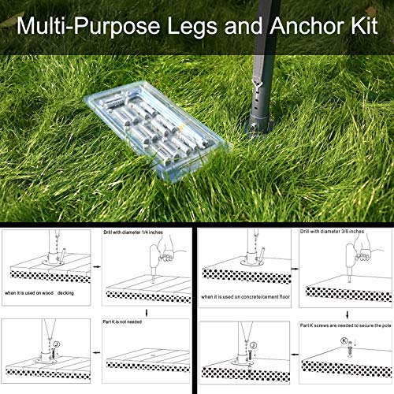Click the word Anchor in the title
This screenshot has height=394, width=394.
(x=307, y=26)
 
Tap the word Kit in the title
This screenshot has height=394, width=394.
(x=364, y=26)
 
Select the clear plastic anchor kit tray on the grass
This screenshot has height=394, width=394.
(x=157, y=129)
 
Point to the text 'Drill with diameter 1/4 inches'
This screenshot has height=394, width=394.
(x=133, y=232)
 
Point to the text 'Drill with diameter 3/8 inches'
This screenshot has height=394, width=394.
(x=332, y=232)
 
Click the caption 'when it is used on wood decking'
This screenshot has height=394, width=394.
(x=39, y=293)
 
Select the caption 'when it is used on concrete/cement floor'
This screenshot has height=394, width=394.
(x=245, y=297)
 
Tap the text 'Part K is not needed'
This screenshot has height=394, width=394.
(x=122, y=322)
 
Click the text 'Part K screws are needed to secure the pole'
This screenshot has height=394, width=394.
(x=346, y=325)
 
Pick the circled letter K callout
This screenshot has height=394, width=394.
(x=344, y=341)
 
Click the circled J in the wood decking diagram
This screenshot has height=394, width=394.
(x=57, y=344)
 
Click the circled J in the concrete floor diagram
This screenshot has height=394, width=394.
(x=253, y=345)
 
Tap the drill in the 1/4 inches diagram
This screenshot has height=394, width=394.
(x=155, y=260)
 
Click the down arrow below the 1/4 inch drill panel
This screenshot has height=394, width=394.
(x=147, y=313)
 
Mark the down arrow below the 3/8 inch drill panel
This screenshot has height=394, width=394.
(x=348, y=314)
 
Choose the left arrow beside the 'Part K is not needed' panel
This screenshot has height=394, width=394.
(x=97, y=352)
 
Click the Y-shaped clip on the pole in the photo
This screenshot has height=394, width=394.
(x=255, y=84)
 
